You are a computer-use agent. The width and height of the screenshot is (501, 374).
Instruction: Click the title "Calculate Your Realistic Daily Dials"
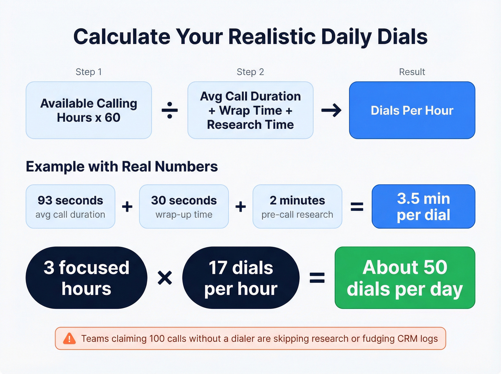250,37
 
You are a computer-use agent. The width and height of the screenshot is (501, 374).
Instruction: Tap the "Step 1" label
89,72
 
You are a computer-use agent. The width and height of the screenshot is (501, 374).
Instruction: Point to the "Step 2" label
250,72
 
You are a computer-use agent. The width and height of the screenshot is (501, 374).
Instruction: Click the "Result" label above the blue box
412,72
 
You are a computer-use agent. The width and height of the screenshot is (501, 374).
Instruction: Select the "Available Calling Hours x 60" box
89,110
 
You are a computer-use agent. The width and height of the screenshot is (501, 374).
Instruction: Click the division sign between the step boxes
170,110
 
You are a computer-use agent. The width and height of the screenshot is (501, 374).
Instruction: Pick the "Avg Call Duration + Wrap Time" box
250,110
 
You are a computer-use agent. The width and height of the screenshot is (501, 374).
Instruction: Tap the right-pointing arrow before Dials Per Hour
331,110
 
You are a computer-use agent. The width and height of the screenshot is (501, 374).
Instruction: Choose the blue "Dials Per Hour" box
412,110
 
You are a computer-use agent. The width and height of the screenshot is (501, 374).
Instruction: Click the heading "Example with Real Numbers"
122,167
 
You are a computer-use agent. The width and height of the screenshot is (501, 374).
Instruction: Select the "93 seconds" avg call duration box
70,207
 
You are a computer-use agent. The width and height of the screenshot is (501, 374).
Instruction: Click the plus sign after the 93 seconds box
127,207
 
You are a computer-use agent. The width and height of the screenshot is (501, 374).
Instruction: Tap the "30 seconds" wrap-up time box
184,207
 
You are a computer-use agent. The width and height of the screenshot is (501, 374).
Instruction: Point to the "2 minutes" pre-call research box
297,207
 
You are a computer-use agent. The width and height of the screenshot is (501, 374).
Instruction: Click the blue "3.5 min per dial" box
423,207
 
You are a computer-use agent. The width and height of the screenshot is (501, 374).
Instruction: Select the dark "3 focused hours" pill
86,278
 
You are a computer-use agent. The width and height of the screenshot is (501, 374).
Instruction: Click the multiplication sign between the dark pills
165,278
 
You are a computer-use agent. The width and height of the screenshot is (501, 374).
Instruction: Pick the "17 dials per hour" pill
241,278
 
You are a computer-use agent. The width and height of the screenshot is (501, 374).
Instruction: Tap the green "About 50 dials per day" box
405,278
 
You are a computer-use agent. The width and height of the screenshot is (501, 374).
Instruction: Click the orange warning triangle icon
69,339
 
